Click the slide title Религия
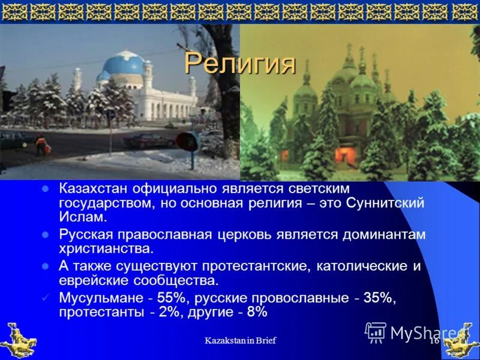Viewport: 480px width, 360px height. pyautogui.click(x=239, y=63)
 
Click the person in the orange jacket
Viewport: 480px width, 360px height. pyautogui.click(x=41, y=144)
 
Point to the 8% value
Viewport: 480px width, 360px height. pyautogui.click(x=257, y=313)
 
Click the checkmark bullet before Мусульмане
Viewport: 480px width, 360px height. pyautogui.click(x=44, y=298)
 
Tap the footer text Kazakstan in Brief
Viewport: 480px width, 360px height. pyautogui.click(x=240, y=341)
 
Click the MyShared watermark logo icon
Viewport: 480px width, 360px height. pyautogui.click(x=376, y=332)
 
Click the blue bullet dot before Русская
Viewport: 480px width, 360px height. pyautogui.click(x=44, y=234)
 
